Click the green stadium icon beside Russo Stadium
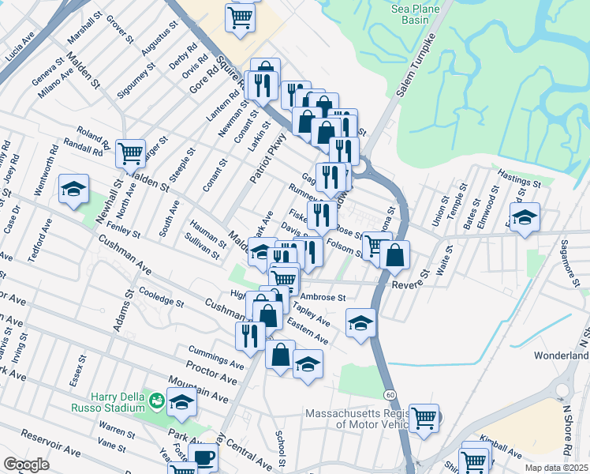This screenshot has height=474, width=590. (x=158, y=401)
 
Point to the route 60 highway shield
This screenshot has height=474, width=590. (x=390, y=393)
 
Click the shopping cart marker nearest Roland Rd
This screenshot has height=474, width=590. (x=130, y=152)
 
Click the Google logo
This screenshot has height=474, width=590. (x=26, y=464)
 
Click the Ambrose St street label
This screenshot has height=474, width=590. (x=323, y=297)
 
